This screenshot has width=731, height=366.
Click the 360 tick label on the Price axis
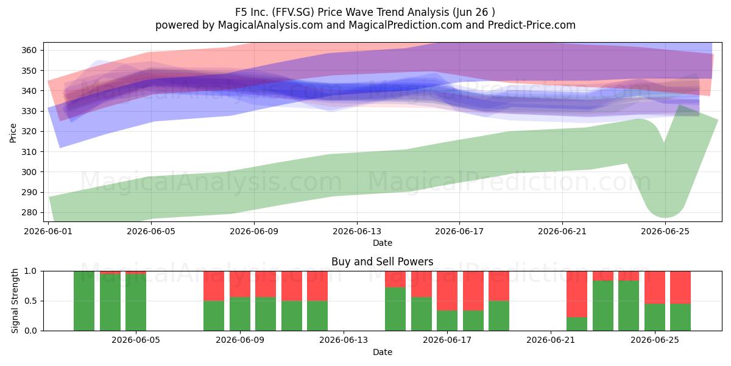pos(29,50)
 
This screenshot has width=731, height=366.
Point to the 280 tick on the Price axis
pos(29,213)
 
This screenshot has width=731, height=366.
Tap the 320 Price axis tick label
pos(29,131)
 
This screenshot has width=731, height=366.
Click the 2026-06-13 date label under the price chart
pos(357,231)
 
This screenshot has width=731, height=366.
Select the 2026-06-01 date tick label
pos(48,231)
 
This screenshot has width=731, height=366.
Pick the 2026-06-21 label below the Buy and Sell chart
pos(551,340)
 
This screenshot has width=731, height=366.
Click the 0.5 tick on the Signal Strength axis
pos(30,301)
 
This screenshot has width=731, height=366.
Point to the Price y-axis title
pos(13,133)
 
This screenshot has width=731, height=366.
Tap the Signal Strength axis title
pos(15,301)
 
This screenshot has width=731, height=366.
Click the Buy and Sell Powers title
pos(383,262)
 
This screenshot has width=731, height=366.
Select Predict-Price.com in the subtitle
pos(532,25)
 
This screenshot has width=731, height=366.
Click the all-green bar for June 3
pos(84,301)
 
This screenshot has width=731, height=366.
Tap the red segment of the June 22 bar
pos(577,294)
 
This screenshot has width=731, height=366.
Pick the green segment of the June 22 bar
pos(577,324)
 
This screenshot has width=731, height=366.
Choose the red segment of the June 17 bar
pos(447,291)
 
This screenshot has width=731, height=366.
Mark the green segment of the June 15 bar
pos(395,309)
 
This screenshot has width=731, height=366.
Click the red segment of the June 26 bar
pos(680,287)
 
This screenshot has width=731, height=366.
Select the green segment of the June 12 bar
pos(317,316)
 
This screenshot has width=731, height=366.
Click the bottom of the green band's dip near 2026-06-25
pos(665,217)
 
